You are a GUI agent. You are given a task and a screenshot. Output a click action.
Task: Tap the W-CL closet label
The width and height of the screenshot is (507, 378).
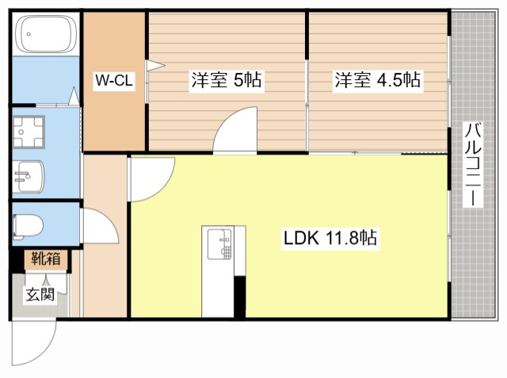pos(114,80)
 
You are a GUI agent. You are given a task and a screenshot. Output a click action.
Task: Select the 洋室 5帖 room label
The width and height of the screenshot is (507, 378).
pos(226,80)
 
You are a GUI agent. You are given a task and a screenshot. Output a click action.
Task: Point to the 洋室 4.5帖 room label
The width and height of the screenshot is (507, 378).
pos(377,80)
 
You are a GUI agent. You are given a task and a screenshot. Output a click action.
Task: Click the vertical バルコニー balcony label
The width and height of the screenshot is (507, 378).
pos(472,165)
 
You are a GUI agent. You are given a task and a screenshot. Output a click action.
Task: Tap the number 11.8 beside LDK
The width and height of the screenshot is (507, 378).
pos(345,238)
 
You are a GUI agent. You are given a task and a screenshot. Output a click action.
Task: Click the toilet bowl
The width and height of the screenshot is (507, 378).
pos(27,226)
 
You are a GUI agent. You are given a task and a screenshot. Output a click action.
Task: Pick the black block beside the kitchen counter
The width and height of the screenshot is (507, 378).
pos(238,296)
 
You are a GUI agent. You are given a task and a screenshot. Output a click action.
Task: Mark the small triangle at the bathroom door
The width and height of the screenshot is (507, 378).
pos(74,98)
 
